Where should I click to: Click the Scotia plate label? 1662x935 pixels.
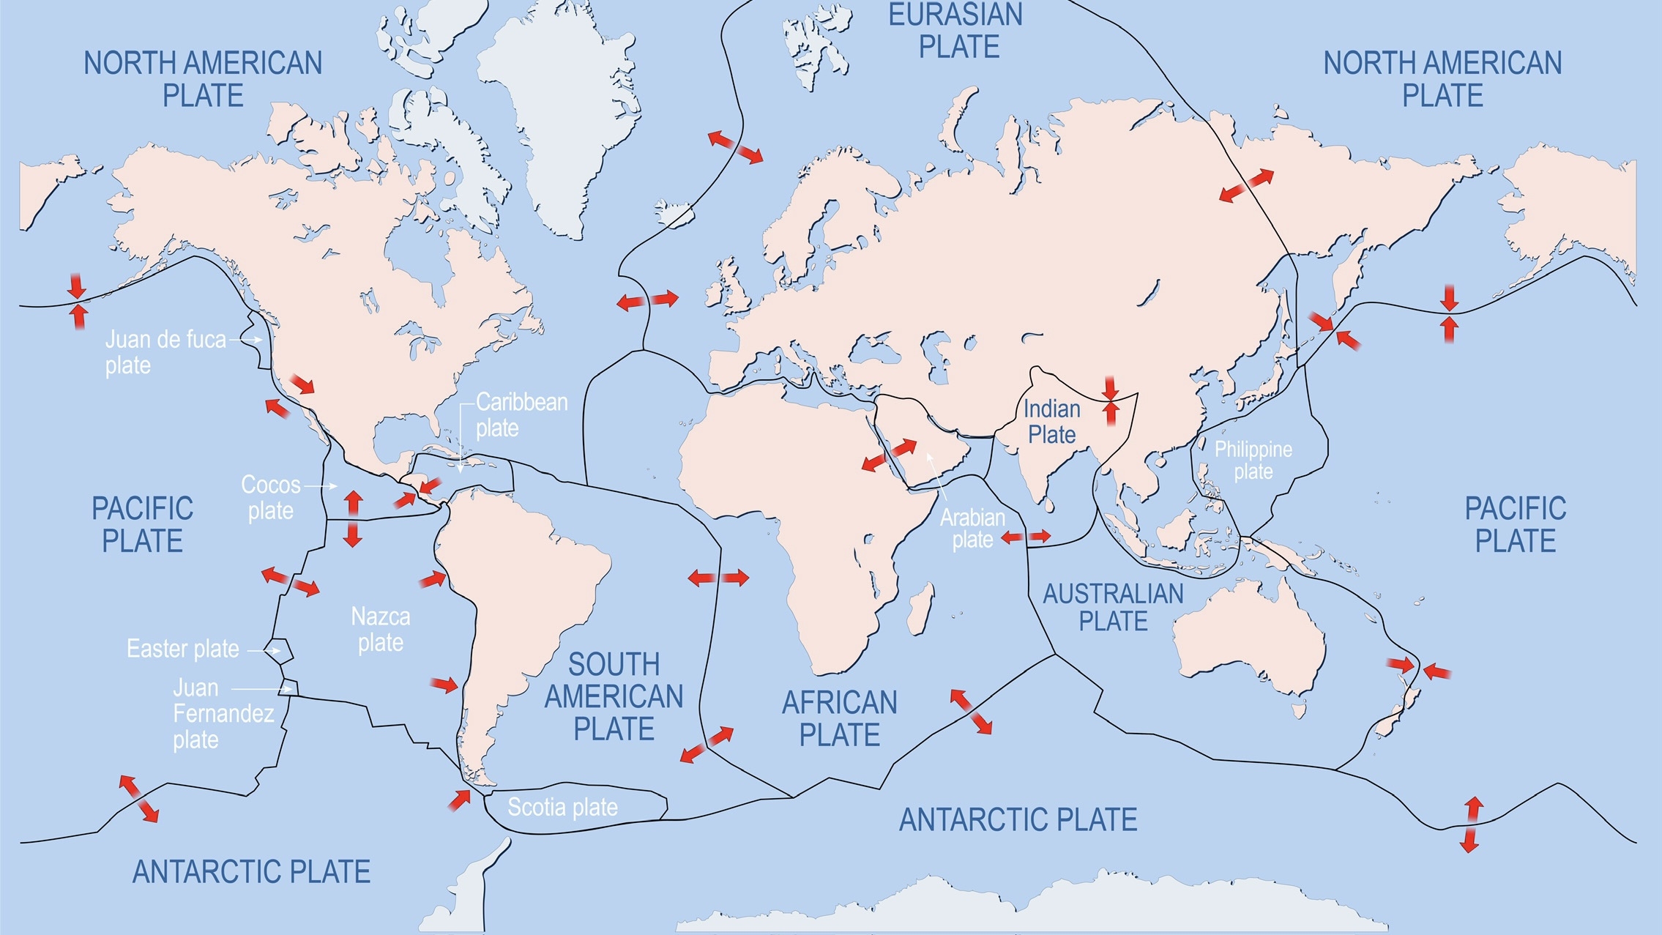pos(562,807)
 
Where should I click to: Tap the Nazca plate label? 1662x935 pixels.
pos(380,629)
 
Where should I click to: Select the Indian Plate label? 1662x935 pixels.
pos(1051,422)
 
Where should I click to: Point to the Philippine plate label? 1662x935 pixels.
pos(1253,460)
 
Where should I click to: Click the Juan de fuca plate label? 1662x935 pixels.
pos(165,352)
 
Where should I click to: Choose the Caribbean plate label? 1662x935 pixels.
pos(521,414)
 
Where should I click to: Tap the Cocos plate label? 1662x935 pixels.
pos(270,497)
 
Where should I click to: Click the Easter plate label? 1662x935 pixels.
pos(182,649)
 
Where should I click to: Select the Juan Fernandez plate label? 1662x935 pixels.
pos(223,713)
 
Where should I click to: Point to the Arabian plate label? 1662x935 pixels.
pos(972,528)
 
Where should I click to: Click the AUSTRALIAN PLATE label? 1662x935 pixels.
pos(1113,607)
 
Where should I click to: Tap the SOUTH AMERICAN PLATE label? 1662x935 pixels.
pos(614,696)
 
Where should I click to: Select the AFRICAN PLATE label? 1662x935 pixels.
pos(839,718)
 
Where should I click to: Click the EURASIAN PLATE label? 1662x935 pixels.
pos(956,31)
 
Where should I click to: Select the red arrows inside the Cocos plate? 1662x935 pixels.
pos(353,519)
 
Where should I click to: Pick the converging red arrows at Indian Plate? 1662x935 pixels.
pos(1111,401)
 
